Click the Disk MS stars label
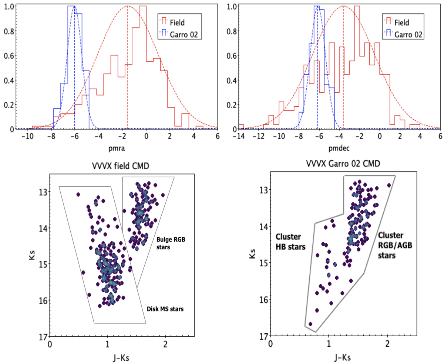click(x=163, y=309)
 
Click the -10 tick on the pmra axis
click(x=27, y=136)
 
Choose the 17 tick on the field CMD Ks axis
click(x=42, y=336)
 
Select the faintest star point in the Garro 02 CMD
click(x=310, y=324)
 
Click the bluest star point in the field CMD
click(x=78, y=194)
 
